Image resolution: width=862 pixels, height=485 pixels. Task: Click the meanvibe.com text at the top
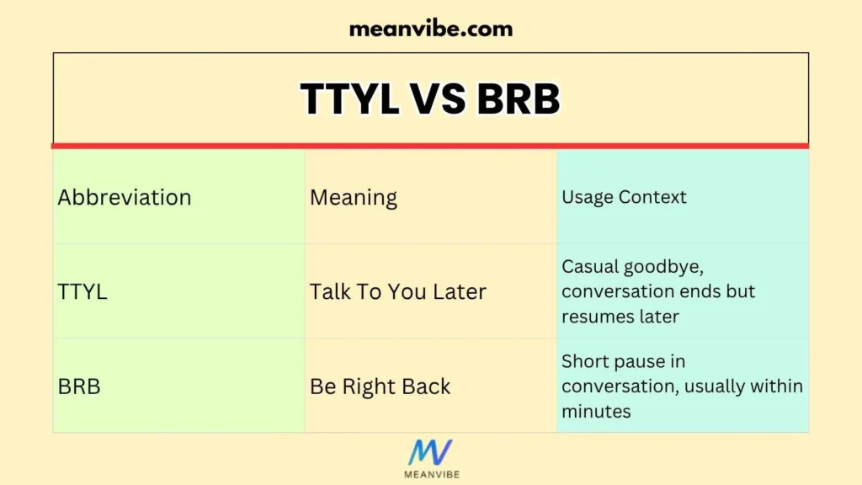pyautogui.click(x=430, y=29)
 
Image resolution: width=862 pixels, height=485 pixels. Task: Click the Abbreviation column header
pyautogui.click(x=125, y=198)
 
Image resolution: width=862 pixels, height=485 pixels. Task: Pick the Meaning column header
pyautogui.click(x=354, y=198)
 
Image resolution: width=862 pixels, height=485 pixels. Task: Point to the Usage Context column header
pyautogui.click(x=624, y=197)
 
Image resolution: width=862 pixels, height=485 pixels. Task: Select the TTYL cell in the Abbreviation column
pyautogui.click(x=82, y=292)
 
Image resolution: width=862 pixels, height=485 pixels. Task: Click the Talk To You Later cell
pyautogui.click(x=398, y=292)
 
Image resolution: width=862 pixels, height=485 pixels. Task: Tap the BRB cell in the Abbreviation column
pyautogui.click(x=78, y=386)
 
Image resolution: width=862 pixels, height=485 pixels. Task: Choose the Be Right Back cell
pyautogui.click(x=380, y=386)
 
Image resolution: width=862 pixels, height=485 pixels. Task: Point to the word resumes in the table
pyautogui.click(x=595, y=317)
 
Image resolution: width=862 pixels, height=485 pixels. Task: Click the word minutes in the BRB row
pyautogui.click(x=596, y=412)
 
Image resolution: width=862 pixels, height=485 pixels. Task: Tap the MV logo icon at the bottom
pyautogui.click(x=430, y=452)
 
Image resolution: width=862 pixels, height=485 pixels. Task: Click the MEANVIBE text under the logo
pyautogui.click(x=430, y=476)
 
